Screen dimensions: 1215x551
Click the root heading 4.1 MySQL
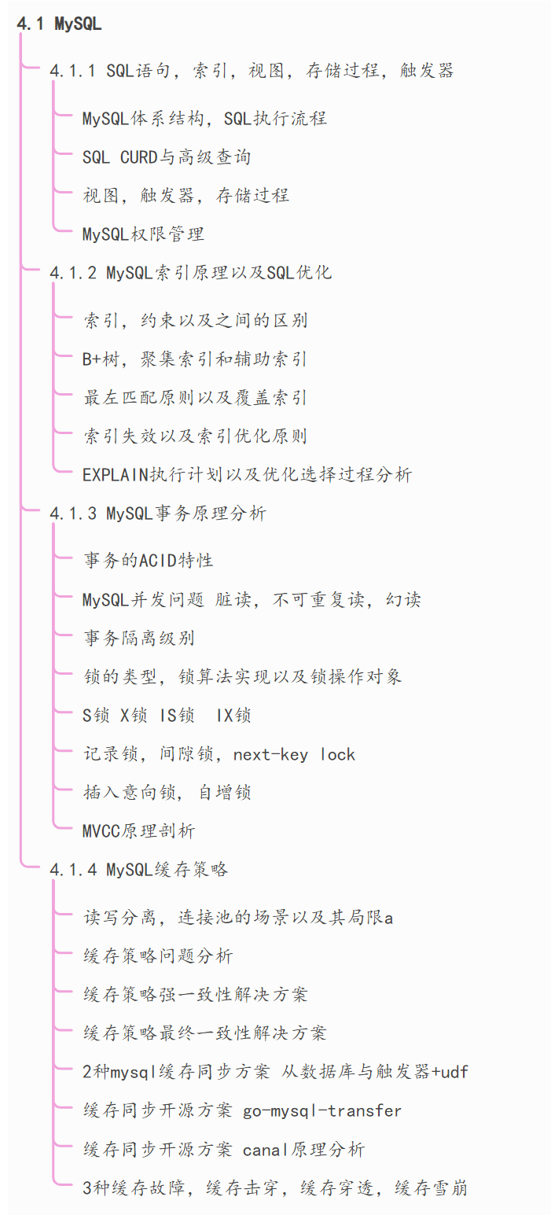(59, 24)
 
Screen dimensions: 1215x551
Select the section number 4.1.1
(72, 71)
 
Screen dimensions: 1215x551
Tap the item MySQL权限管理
(143, 234)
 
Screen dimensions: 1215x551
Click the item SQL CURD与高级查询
(166, 156)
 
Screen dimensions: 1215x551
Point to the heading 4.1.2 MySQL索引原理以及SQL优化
(190, 273)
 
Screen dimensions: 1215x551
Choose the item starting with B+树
(194, 359)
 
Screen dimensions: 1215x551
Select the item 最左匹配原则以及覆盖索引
(194, 398)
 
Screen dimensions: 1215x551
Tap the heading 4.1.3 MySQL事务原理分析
(158, 514)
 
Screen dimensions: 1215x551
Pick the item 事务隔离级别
(138, 638)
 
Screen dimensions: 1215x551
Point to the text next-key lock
(294, 755)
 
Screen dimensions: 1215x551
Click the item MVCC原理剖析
(138, 831)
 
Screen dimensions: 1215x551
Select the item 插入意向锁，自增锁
(167, 793)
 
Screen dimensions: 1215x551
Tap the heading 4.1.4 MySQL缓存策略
(138, 870)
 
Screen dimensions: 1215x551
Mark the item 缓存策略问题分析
(157, 956)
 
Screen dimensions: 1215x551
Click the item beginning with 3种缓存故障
(274, 1188)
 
